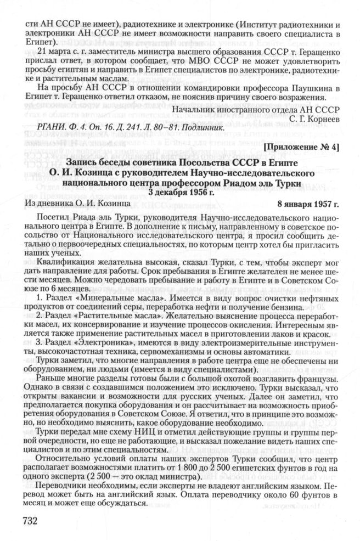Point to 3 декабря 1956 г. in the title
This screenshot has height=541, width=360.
click(x=180, y=193)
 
